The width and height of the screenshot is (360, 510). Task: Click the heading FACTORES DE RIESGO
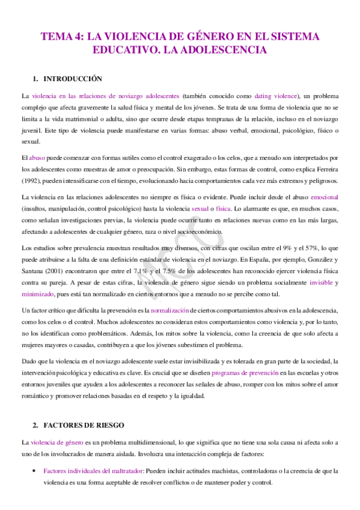coord(84,425)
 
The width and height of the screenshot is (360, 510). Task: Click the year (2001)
coord(60,271)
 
